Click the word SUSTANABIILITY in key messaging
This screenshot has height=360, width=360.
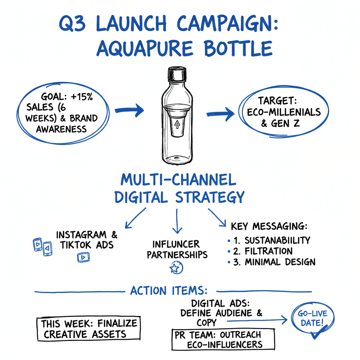tap(277, 240)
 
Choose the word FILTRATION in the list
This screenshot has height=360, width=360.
tap(269, 251)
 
